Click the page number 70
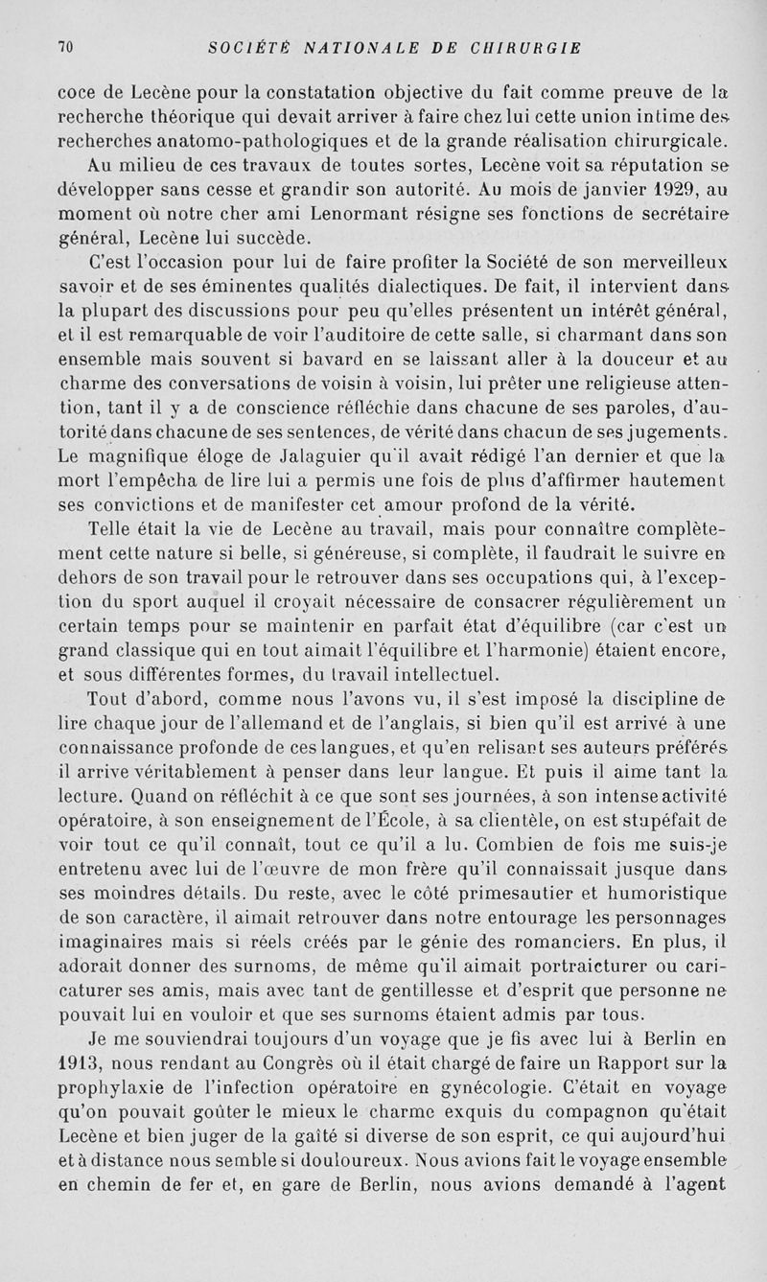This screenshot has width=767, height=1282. click(x=66, y=45)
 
